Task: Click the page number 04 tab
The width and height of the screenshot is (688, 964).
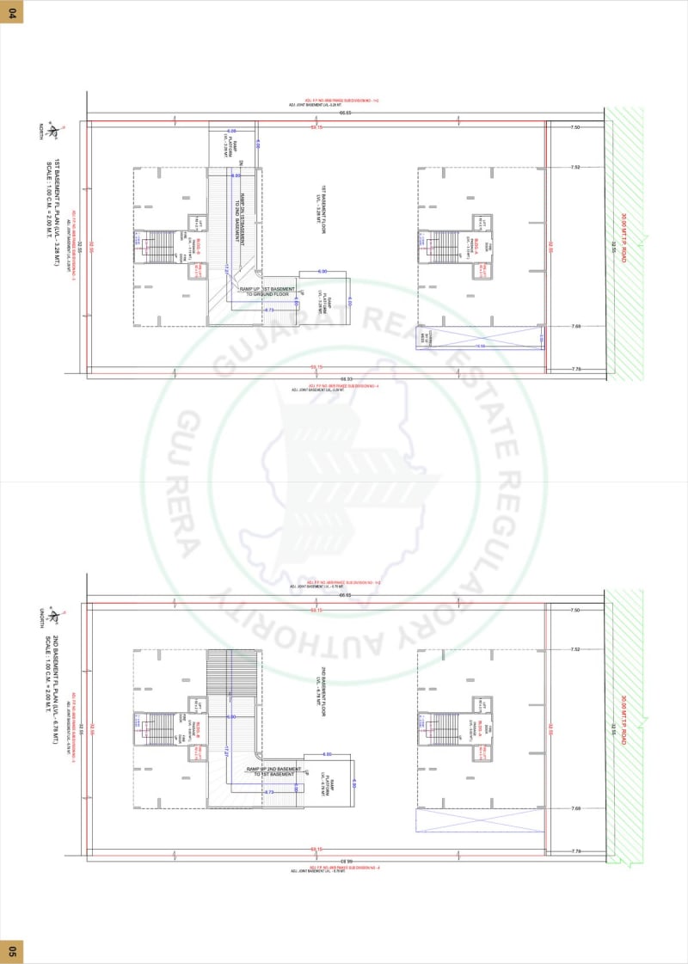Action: (x=11, y=11)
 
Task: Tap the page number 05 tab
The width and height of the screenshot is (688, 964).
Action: (x=11, y=950)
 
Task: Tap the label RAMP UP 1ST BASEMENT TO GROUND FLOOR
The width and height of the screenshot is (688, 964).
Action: (x=267, y=292)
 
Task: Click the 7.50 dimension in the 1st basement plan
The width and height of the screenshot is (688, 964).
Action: (x=575, y=127)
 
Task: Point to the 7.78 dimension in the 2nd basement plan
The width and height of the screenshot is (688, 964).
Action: (x=575, y=851)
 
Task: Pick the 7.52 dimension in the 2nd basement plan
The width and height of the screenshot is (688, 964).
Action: (x=575, y=649)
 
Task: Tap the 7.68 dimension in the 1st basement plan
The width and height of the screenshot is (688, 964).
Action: (x=575, y=326)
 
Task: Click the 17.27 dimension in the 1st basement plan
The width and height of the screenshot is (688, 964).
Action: (x=226, y=270)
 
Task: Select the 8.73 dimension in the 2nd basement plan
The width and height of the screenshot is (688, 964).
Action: (x=268, y=792)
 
